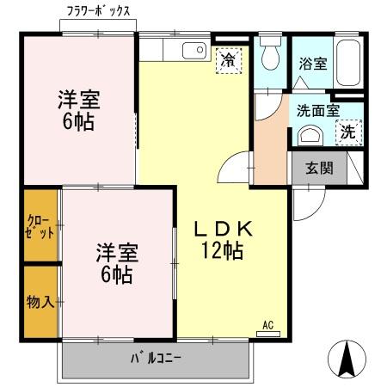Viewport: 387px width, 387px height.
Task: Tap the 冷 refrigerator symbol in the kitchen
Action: [228, 59]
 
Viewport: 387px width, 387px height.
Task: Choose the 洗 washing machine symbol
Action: [349, 132]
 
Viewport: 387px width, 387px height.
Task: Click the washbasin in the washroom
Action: [309, 136]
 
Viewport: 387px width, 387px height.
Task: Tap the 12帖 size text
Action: [221, 251]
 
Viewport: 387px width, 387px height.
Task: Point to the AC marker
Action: [267, 325]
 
